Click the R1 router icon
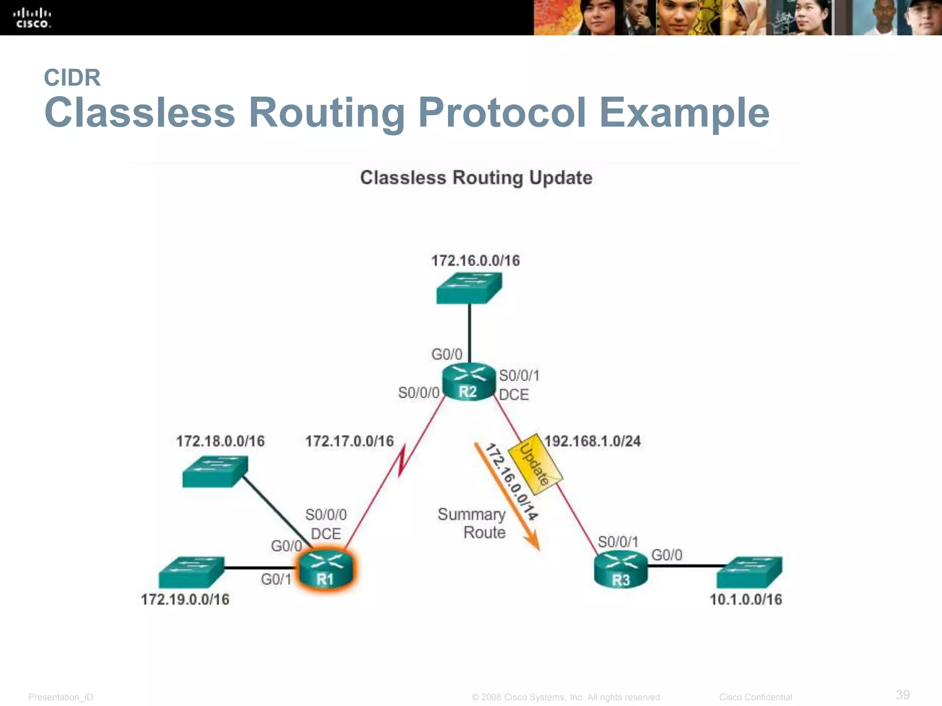(326, 570)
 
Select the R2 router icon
(469, 382)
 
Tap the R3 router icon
(620, 570)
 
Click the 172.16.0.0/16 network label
(475, 261)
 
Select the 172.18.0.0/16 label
(220, 441)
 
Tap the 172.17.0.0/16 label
(350, 441)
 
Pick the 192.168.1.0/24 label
(592, 441)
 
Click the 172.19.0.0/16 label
(185, 599)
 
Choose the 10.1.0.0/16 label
(746, 599)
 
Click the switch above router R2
(469, 288)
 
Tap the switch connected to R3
(749, 572)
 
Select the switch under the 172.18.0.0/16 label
(215, 471)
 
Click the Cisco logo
(32, 18)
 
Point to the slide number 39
(903, 695)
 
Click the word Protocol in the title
(502, 113)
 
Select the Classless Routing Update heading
(476, 178)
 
